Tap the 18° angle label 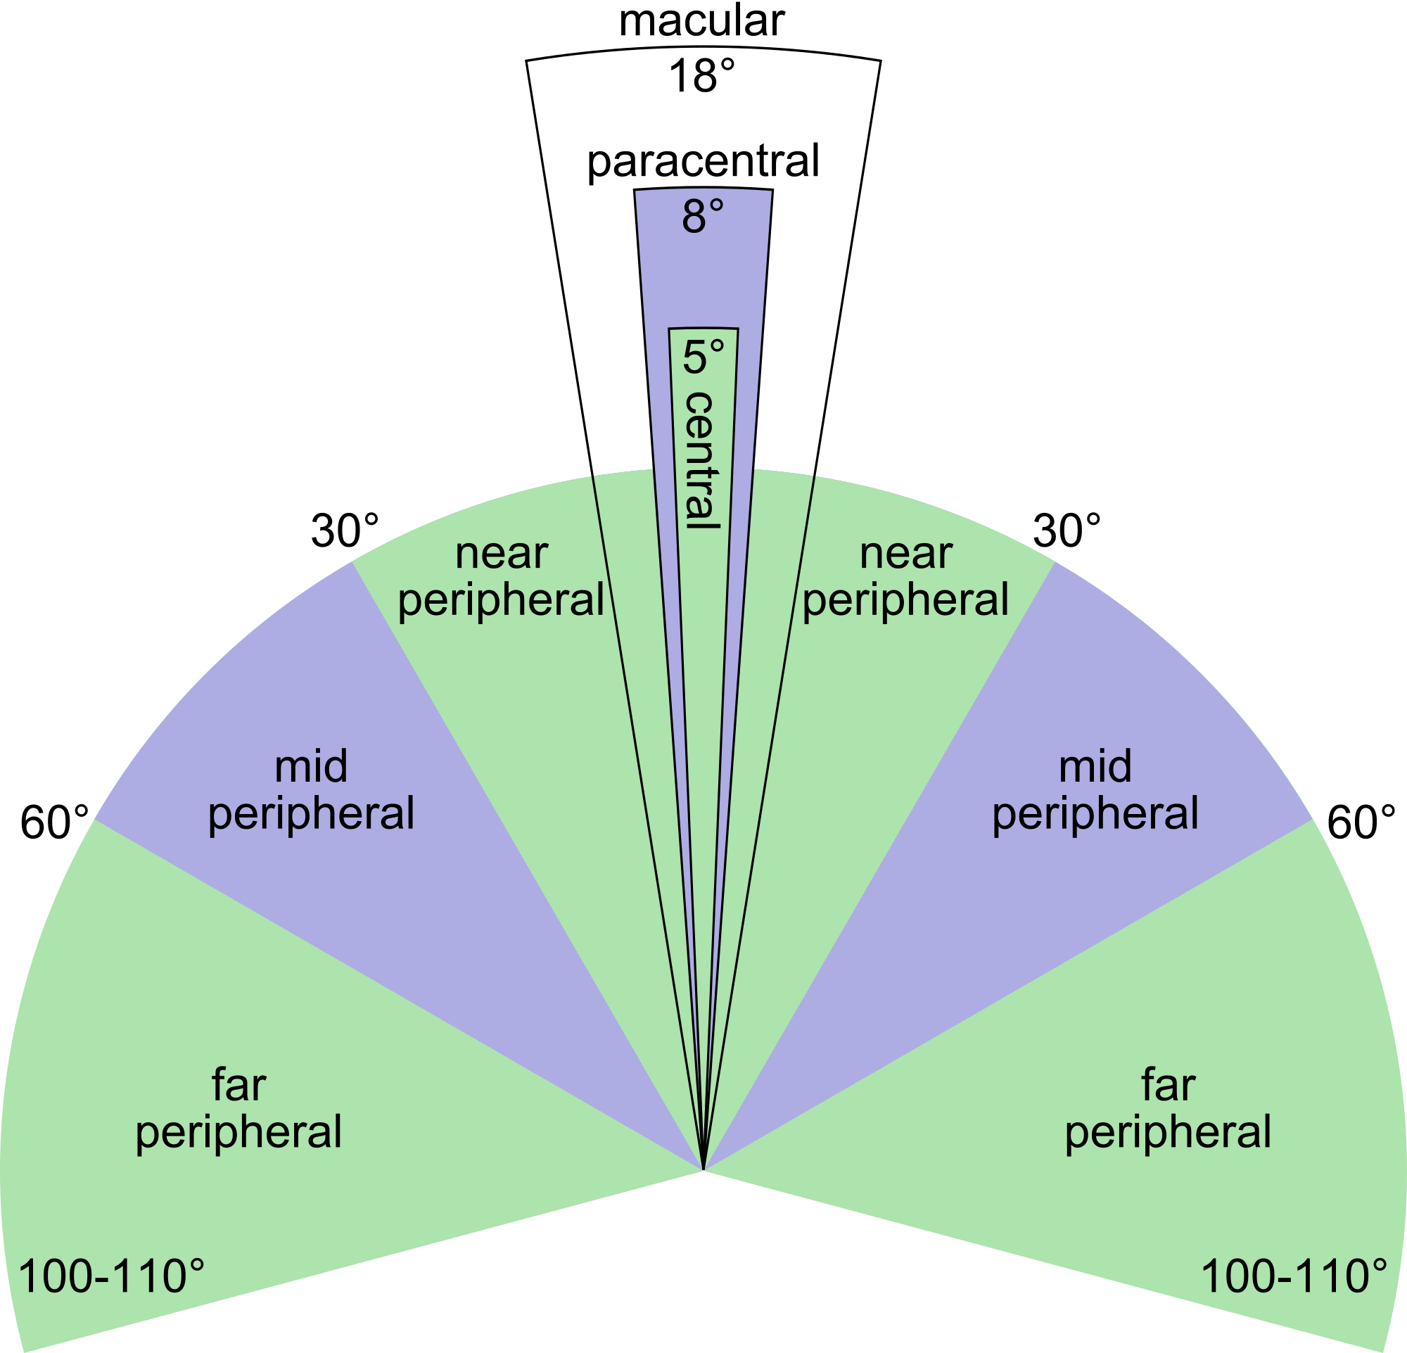point(702,75)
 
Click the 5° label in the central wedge point(703,357)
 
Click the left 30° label point(345,531)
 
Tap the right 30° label point(1067,531)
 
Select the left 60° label point(55,822)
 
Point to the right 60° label point(1362,822)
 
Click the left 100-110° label point(111,1276)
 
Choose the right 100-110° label point(1294,1276)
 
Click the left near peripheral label point(501,578)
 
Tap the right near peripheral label point(906,578)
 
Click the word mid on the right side point(1095,766)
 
